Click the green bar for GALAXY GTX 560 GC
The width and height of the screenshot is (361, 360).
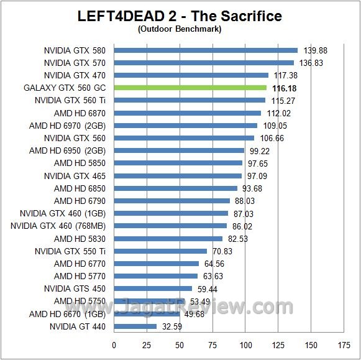point(190,88)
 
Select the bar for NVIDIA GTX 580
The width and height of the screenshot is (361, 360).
point(206,50)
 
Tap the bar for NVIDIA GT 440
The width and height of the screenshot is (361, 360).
point(135,326)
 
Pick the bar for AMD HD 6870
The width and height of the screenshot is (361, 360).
point(187,113)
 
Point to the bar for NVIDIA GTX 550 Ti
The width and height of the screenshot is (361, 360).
point(160,251)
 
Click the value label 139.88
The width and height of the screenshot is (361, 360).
point(315,50)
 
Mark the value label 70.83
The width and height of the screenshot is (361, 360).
point(223,251)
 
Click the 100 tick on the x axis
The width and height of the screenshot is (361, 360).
point(246,345)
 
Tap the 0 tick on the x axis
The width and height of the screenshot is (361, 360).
point(114,345)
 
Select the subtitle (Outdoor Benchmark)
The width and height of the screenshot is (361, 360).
point(180,29)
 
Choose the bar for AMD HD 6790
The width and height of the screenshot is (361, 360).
point(171,201)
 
